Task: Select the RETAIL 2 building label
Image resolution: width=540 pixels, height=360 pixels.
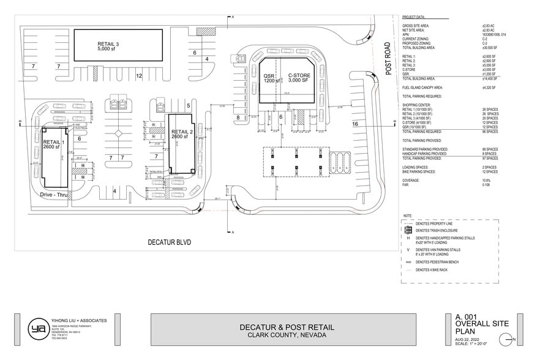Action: click(x=182, y=135)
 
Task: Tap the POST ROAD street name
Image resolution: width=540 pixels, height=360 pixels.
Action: click(x=388, y=59)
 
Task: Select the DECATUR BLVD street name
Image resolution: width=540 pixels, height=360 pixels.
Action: click(x=170, y=243)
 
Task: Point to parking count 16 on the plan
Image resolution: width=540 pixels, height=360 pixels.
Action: click(x=354, y=124)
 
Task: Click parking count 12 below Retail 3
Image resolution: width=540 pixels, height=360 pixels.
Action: click(x=139, y=76)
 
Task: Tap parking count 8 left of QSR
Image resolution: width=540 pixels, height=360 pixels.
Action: click(x=238, y=116)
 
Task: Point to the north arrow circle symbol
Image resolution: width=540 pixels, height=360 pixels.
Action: click(x=506, y=339)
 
